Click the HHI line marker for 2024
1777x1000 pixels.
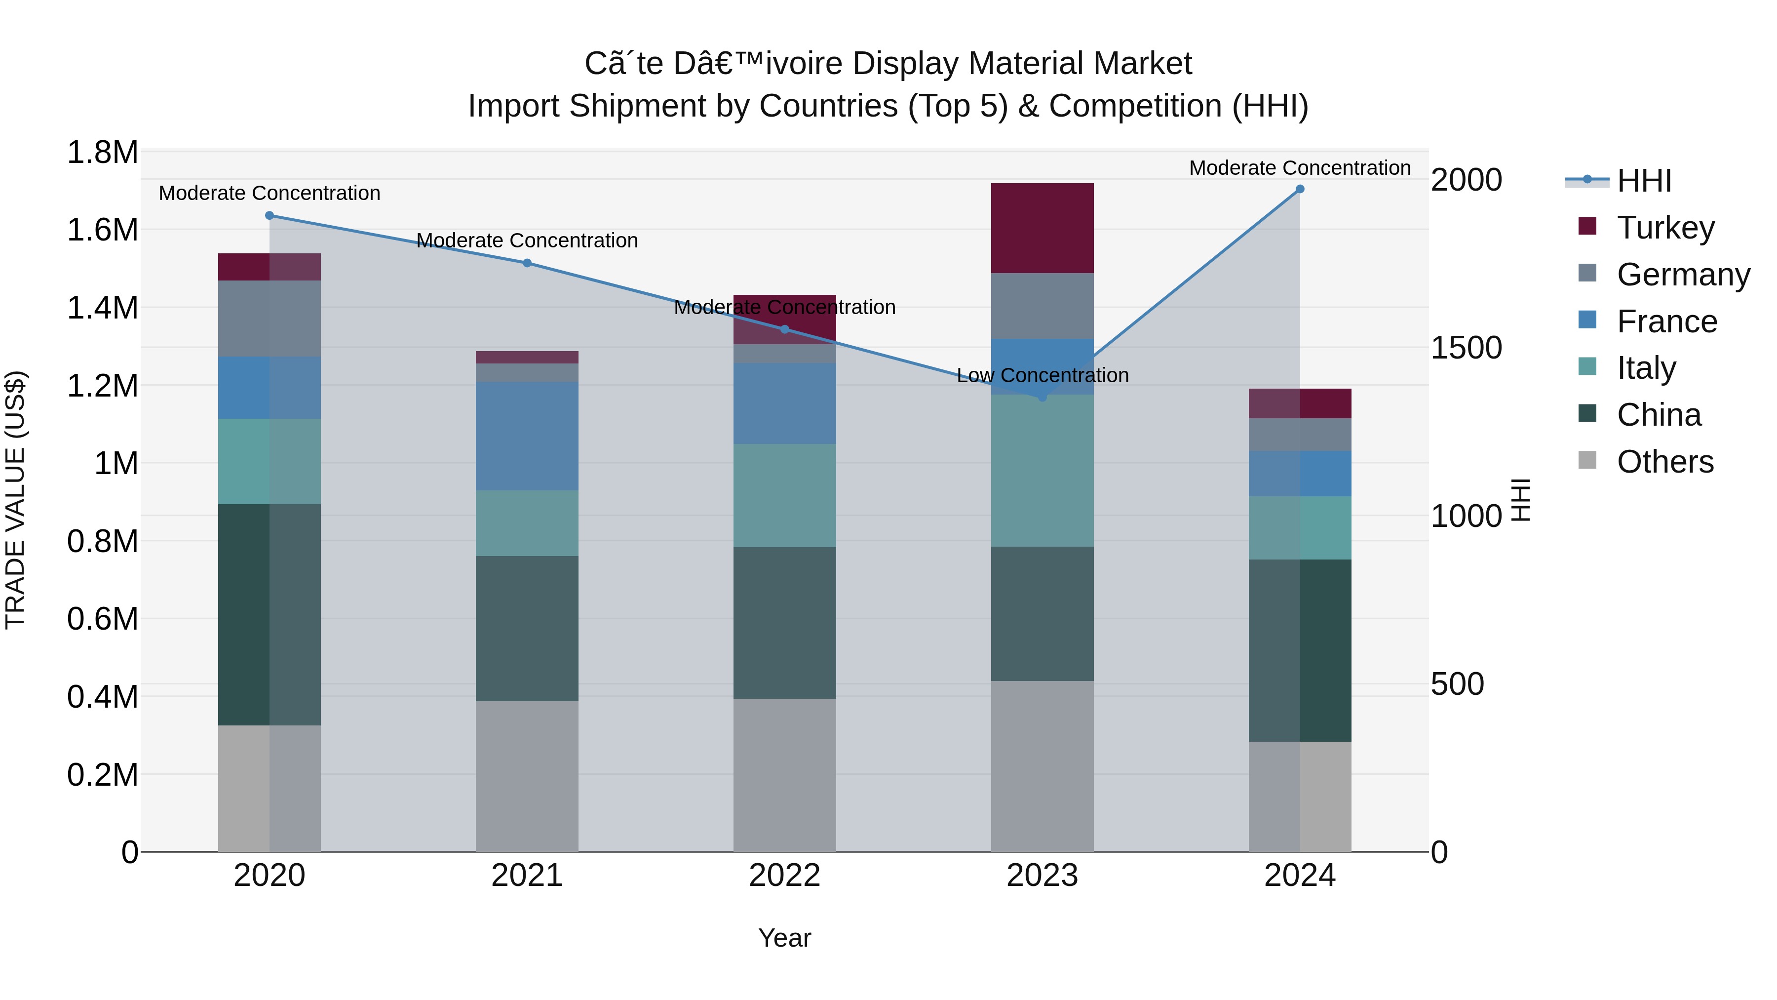coord(1300,189)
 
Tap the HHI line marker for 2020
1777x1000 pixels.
coord(270,215)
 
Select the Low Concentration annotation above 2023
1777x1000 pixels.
coord(1043,375)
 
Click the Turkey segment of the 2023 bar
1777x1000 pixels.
coord(1043,229)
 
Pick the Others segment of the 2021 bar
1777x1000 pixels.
coord(527,776)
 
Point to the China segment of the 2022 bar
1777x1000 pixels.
coord(784,623)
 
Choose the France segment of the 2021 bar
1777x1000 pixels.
coord(527,436)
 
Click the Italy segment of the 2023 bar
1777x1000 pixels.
coord(1043,471)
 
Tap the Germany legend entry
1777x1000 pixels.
coord(1683,274)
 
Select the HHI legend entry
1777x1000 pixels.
coord(1643,181)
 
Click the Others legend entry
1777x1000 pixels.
coord(1664,461)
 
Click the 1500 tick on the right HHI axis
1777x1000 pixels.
coord(1466,347)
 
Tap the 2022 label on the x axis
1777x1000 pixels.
coord(784,875)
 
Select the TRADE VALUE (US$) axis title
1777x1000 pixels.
coord(15,500)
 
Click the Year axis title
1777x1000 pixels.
coord(784,938)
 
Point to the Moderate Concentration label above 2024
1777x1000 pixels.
coord(1300,168)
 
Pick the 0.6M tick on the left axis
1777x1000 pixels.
coord(103,618)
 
